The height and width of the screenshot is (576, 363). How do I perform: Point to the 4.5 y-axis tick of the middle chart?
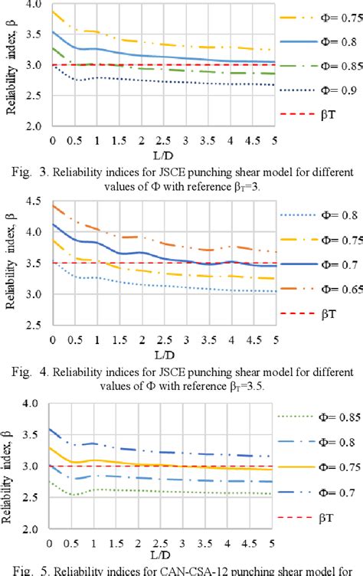coord(34,201)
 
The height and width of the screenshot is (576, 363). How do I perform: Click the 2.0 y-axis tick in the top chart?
coord(34,126)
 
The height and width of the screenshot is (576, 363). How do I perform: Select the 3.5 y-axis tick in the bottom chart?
coord(34,434)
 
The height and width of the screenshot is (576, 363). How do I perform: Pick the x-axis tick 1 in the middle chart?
coord(96,333)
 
